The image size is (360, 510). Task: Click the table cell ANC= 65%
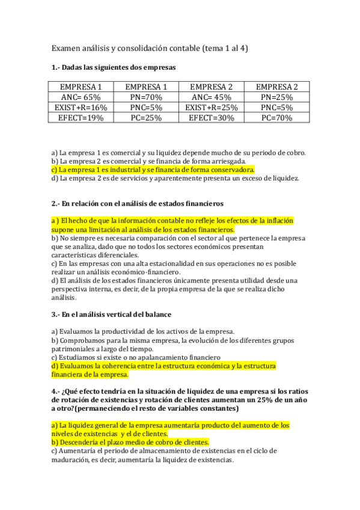[x=81, y=97]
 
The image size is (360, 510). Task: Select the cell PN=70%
[x=146, y=97]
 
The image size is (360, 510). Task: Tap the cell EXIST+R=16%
[x=81, y=108]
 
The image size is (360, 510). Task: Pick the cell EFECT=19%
[x=81, y=118]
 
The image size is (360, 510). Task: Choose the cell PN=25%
[x=276, y=97]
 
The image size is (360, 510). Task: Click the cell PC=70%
[x=276, y=118]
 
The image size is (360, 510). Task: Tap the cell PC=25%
[x=146, y=118]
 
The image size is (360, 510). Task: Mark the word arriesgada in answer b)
[x=227, y=161]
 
